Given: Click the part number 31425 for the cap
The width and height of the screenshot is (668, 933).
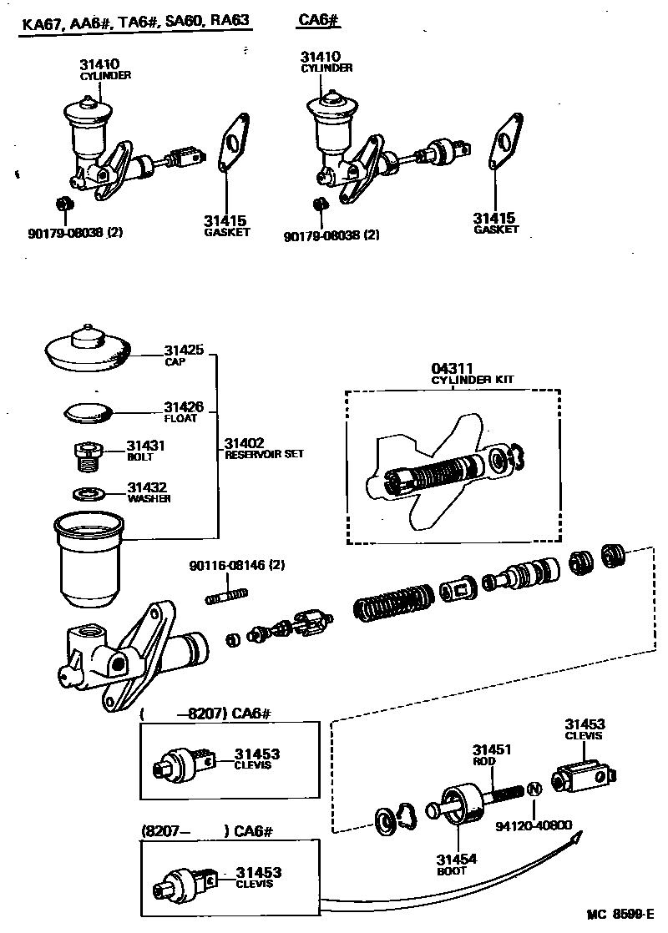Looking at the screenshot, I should pos(183,351).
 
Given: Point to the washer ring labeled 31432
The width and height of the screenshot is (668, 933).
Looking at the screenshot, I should pos(86,493).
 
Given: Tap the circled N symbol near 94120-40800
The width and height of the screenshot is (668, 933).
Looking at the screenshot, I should pos(534,789).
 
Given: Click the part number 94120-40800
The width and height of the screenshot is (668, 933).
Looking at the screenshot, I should pos(534,826).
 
